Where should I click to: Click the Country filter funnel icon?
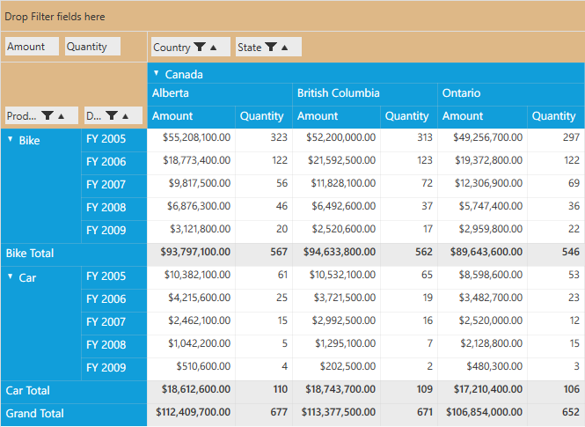point(200,47)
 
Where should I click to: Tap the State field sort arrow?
point(285,48)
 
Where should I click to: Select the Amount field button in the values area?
point(32,47)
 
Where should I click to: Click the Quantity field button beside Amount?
point(92,47)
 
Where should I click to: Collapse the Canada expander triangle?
point(157,73)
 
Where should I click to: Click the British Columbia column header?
point(339,93)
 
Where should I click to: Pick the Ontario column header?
point(461,93)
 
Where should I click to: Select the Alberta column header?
point(170,93)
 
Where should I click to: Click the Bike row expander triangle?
point(11,139)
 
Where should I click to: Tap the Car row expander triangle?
point(11,276)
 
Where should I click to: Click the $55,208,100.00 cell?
point(197,137)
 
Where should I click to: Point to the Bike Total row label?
point(30,253)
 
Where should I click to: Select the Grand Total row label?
point(34,413)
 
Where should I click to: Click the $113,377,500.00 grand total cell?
point(339,412)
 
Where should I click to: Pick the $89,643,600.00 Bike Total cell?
point(486,252)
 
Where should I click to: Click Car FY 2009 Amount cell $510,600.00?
point(203,366)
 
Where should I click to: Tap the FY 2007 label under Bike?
point(106,184)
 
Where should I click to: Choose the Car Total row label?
point(27,390)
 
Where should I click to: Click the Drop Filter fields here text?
point(55,17)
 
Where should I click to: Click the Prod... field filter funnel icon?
point(48,115)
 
